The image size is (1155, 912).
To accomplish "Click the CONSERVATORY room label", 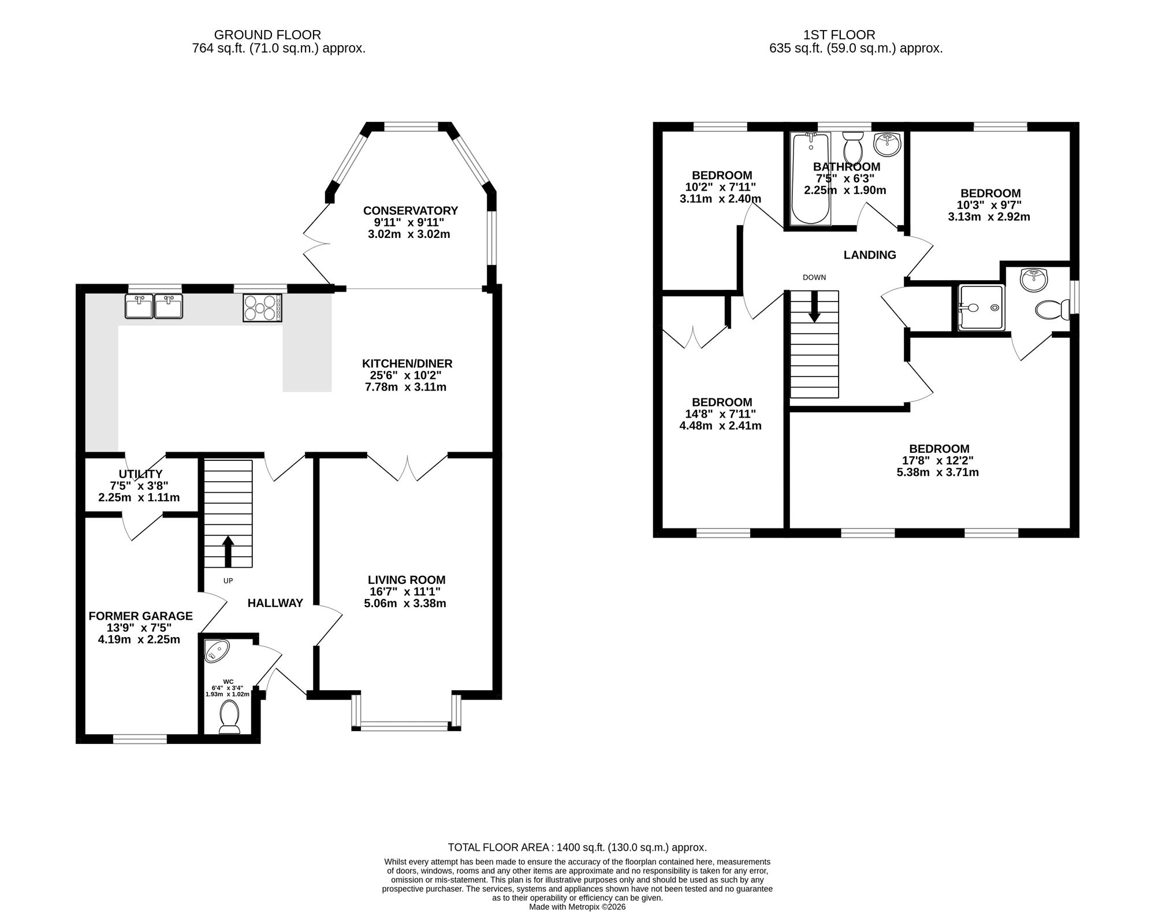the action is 410,211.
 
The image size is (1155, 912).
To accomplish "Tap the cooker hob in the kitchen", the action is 263,307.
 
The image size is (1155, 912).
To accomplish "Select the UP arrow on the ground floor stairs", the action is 228,552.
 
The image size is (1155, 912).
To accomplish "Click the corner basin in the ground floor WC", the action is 216,650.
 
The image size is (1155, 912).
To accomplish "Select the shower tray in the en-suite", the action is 981,308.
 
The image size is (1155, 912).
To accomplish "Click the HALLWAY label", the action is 275,603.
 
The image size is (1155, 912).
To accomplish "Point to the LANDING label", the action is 870,255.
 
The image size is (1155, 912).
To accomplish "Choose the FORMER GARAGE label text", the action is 140,616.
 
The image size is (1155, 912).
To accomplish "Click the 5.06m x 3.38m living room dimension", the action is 405,604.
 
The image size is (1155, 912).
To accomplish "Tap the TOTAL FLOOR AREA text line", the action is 577,847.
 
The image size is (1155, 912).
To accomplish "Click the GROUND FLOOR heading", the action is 267,35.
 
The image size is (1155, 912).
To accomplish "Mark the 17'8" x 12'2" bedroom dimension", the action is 938,460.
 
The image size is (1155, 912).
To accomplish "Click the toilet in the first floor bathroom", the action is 852,148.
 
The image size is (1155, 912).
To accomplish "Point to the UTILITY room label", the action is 140,474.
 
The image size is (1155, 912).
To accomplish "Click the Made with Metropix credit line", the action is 577,907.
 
